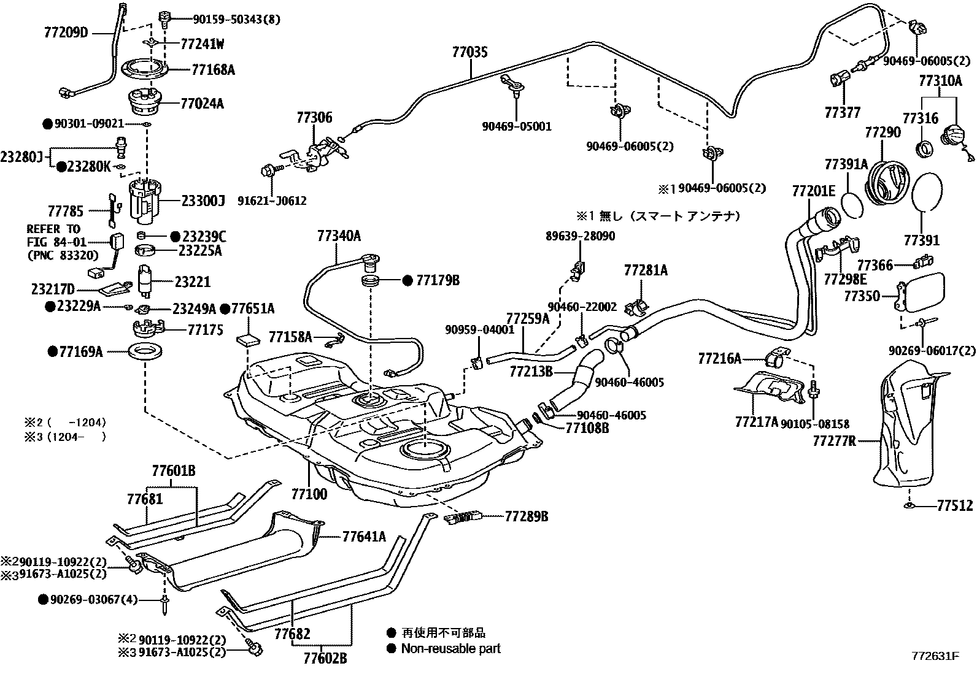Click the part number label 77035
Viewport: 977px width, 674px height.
click(x=470, y=52)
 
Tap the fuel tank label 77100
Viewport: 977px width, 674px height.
click(x=309, y=494)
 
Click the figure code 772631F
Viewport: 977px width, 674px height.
click(x=933, y=656)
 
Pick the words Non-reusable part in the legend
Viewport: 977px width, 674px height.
click(x=450, y=648)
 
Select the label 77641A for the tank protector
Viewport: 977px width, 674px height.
click(x=364, y=537)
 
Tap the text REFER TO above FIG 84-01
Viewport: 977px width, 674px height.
click(x=53, y=229)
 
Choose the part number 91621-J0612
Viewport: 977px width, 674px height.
click(x=280, y=201)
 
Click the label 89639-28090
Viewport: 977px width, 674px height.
click(x=580, y=236)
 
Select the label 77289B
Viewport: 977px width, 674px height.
click(x=527, y=516)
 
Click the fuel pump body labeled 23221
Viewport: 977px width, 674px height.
click(x=146, y=281)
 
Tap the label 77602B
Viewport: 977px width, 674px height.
click(x=325, y=658)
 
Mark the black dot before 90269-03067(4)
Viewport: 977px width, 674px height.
click(x=43, y=599)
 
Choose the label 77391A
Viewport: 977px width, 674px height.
click(x=846, y=164)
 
